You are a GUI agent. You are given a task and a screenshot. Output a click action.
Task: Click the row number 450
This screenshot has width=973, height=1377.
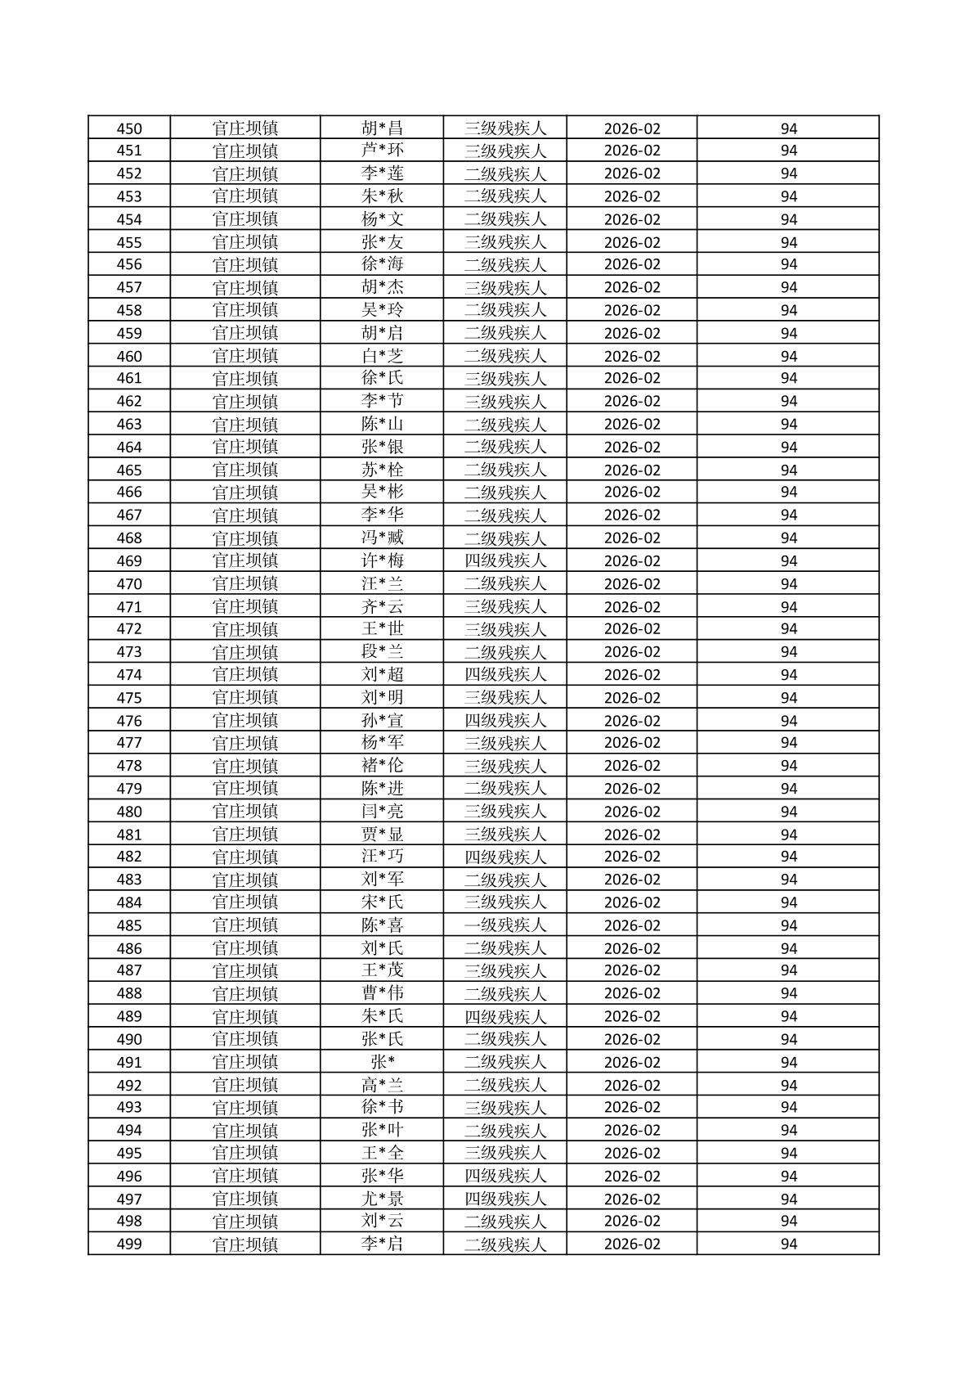pos(129,128)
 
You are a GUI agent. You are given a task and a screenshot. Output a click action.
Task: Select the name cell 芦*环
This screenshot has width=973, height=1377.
pos(382,151)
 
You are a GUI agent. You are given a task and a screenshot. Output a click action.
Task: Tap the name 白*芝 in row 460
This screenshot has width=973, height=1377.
pos(382,356)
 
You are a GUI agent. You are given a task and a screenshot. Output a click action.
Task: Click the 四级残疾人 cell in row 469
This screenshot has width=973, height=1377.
pos(504,561)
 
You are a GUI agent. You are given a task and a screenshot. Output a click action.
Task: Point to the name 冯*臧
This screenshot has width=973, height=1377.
pos(382,538)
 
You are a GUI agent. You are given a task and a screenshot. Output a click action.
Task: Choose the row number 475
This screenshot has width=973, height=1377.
pos(129,698)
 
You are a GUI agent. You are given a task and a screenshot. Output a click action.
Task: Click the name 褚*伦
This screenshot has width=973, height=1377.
pos(382,766)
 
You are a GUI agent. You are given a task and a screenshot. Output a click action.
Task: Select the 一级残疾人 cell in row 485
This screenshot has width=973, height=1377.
pos(504,925)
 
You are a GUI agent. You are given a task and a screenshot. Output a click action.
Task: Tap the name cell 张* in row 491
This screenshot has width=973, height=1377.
pos(382,1062)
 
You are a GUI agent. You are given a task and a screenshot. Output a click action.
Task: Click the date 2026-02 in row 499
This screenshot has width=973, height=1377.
pos(631,1244)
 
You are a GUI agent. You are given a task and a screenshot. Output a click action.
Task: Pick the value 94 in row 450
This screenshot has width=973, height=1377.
pos(788,128)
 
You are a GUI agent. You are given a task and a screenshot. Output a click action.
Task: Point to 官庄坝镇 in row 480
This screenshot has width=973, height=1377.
pos(244,812)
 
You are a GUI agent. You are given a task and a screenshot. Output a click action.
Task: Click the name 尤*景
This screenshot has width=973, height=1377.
pos(382,1199)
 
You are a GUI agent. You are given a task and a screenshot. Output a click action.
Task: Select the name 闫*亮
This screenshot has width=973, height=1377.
pos(382,812)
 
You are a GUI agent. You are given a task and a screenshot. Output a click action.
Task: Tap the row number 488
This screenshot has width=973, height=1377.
pos(129,993)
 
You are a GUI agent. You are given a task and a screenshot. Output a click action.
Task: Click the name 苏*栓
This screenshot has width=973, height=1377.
pos(382,470)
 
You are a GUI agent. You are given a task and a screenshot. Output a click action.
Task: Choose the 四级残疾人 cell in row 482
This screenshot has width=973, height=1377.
pos(504,857)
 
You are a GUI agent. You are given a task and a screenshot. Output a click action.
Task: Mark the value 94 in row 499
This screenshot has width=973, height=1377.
pos(788,1244)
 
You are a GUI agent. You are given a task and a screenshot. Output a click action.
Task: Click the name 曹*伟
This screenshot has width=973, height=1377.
pos(382,993)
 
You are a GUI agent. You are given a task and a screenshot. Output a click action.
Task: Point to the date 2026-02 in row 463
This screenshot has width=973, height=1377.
pos(631,424)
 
